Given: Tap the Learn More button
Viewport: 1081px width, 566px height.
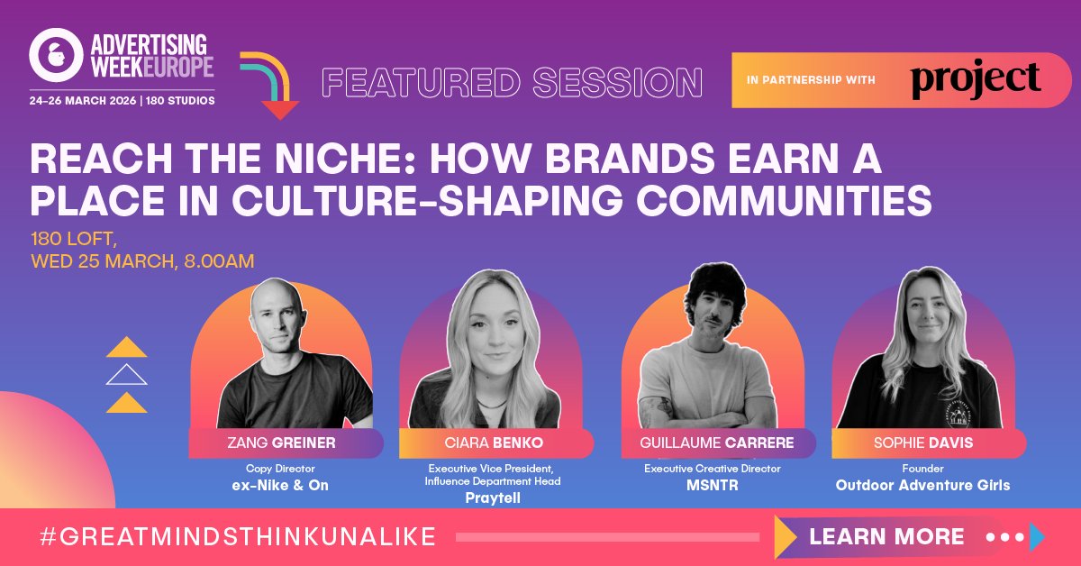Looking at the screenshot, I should (x=886, y=537).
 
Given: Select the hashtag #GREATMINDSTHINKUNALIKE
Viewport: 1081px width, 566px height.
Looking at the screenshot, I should (x=238, y=537).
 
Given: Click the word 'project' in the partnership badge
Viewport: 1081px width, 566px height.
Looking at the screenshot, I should (x=976, y=81).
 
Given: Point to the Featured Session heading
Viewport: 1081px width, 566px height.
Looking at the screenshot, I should (x=513, y=83).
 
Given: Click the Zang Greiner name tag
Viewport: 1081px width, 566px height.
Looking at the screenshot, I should (x=286, y=443).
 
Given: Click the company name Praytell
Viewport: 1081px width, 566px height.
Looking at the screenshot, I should (x=493, y=498).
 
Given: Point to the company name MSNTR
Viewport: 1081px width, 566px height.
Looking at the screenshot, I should (x=712, y=485).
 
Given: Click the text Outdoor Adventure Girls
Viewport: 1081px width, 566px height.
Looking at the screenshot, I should (x=922, y=485).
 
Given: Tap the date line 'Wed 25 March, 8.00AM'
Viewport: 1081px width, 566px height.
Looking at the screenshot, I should (x=142, y=261).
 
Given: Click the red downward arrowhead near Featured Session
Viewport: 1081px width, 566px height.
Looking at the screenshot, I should (x=280, y=110).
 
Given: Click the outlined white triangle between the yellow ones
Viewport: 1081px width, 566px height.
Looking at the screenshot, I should (x=126, y=374).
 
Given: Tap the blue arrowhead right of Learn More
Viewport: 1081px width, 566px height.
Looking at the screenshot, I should (x=1037, y=537).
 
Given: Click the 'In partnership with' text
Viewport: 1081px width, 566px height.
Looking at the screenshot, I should (x=811, y=81).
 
